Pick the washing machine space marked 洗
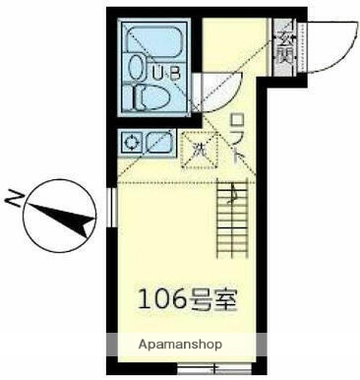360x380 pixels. pyautogui.click(x=198, y=150)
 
